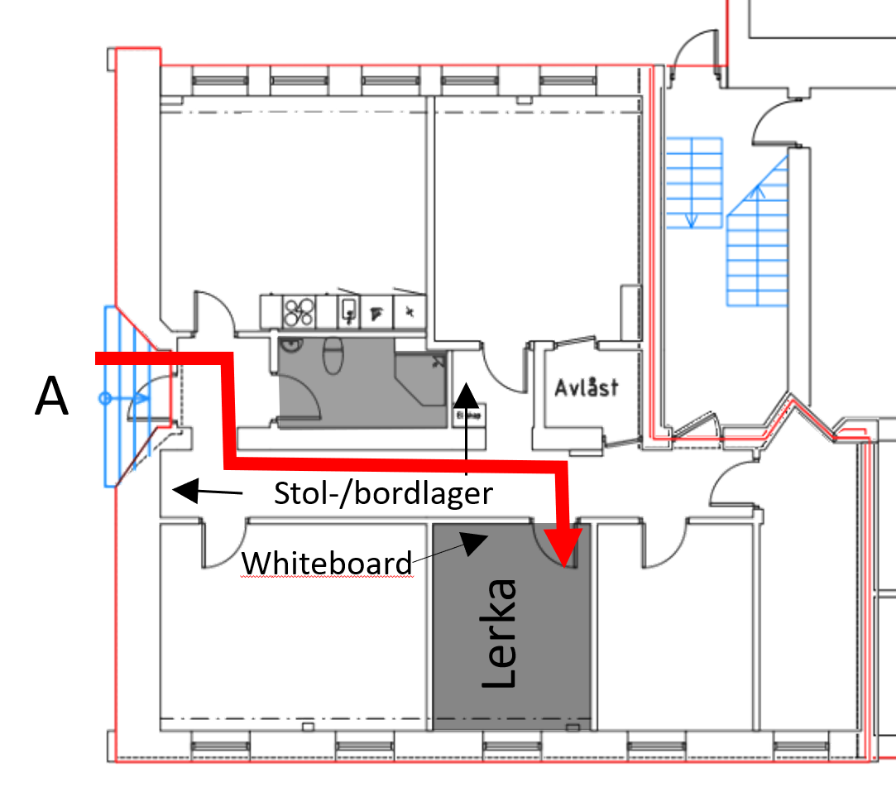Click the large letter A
pos(51,397)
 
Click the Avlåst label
pos(587,386)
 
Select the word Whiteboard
pos(327,563)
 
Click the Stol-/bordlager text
pos(383,493)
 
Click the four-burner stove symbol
pos(299,310)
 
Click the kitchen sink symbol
pos(349,310)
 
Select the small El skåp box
pos(463,415)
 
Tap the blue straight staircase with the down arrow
pos(694,181)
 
